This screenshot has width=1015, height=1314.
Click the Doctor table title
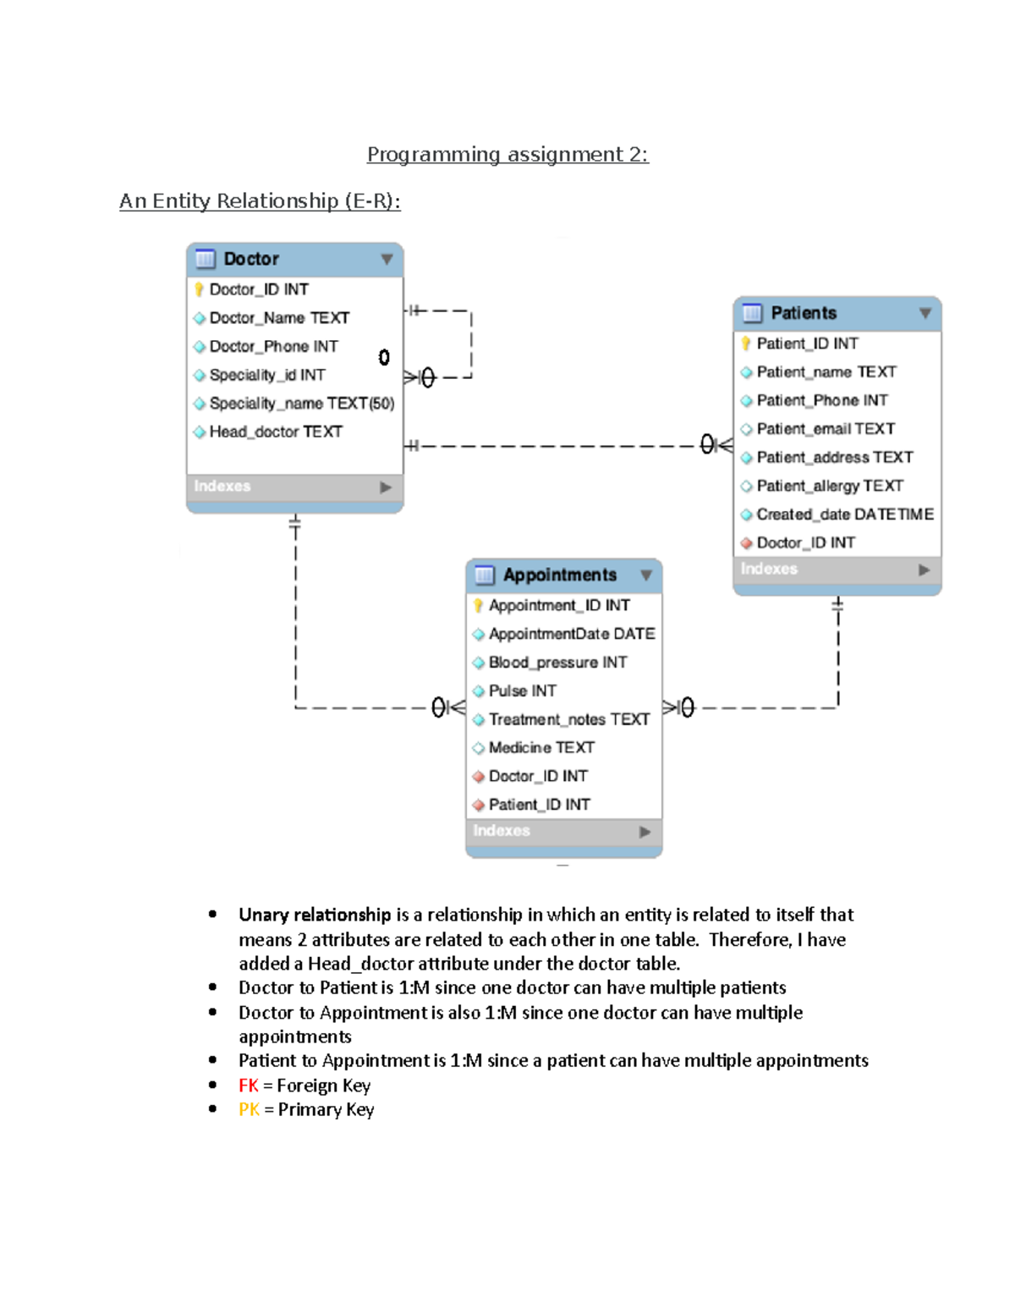pyautogui.click(x=250, y=259)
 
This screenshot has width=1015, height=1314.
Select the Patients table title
pyautogui.click(x=803, y=313)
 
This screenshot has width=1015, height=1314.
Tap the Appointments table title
pyautogui.click(x=559, y=575)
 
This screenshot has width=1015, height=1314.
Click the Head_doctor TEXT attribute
pyautogui.click(x=275, y=432)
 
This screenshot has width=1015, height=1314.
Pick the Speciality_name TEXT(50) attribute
pyautogui.click(x=301, y=404)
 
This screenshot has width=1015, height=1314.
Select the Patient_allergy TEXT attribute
pyautogui.click(x=829, y=486)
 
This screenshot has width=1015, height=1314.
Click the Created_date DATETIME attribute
pyautogui.click(x=844, y=514)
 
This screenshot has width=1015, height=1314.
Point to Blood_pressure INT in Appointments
pyautogui.click(x=557, y=662)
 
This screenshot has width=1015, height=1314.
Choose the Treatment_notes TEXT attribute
pyautogui.click(x=568, y=719)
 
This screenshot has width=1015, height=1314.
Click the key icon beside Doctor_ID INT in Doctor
pyautogui.click(x=199, y=289)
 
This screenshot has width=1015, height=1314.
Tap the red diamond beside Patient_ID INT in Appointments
pyautogui.click(x=479, y=805)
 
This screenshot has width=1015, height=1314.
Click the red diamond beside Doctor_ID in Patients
pyautogui.click(x=746, y=543)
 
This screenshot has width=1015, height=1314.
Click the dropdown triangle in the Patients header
pyautogui.click(x=925, y=313)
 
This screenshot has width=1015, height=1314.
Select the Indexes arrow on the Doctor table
pyautogui.click(x=386, y=487)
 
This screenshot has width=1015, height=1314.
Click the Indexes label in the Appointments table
pyautogui.click(x=502, y=831)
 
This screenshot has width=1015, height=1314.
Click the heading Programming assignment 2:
pyautogui.click(x=507, y=154)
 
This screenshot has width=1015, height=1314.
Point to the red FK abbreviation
pyautogui.click(x=249, y=1086)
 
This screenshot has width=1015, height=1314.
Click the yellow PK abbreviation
pyautogui.click(x=249, y=1109)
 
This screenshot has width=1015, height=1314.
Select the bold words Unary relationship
pyautogui.click(x=314, y=915)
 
